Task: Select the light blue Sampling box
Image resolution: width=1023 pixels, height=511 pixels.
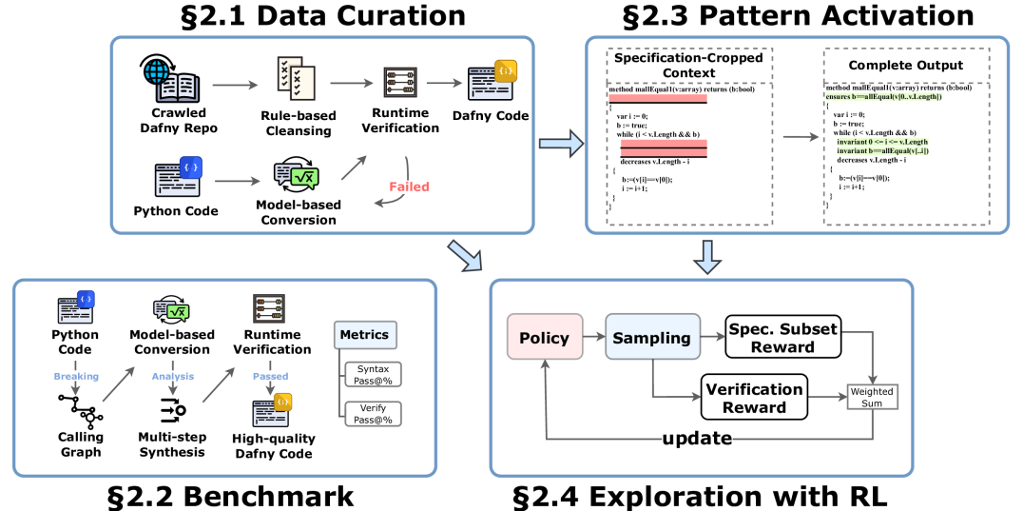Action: tap(650, 338)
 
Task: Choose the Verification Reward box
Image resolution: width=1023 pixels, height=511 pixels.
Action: tap(754, 397)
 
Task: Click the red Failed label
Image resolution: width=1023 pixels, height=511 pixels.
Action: tap(410, 187)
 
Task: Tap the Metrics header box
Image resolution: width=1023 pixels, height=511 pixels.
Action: tap(363, 335)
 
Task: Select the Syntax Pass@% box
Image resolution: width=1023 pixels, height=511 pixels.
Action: tap(373, 375)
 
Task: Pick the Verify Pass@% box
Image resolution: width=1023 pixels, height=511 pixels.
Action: tap(373, 414)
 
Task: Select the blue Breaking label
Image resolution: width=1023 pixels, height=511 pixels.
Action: tap(76, 376)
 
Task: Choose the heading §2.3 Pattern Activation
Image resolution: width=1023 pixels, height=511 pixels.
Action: tap(798, 15)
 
